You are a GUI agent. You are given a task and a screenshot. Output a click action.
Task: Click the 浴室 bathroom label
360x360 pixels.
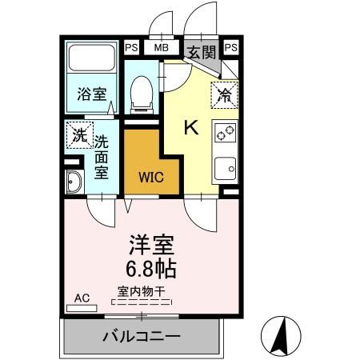pyautogui.click(x=92, y=94)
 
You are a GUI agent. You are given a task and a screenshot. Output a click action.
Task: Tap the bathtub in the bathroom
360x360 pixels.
pyautogui.click(x=92, y=58)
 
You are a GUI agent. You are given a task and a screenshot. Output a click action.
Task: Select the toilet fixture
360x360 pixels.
pyautogui.click(x=142, y=95)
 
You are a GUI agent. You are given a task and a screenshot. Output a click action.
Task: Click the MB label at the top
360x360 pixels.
pyautogui.click(x=162, y=48)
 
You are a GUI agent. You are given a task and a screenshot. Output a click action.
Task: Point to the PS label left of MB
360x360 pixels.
pyautogui.click(x=131, y=47)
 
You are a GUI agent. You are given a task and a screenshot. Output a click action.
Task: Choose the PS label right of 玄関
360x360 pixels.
pyautogui.click(x=231, y=47)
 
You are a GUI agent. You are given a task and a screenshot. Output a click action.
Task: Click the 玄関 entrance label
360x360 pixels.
pyautogui.click(x=202, y=53)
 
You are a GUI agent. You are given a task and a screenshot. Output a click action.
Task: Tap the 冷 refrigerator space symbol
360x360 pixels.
pyautogui.click(x=225, y=95)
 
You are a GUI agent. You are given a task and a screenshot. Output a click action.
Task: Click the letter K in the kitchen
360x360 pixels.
pyautogui.click(x=191, y=127)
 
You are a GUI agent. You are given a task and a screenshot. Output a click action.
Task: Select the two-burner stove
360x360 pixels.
pyautogui.click(x=226, y=133)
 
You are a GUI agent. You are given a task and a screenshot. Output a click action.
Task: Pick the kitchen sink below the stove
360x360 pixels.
pyautogui.click(x=226, y=169)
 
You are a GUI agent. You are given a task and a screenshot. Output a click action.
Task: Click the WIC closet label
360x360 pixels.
pyautogui.click(x=151, y=178)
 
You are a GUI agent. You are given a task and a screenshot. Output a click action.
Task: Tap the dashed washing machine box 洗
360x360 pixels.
pyautogui.click(x=80, y=135)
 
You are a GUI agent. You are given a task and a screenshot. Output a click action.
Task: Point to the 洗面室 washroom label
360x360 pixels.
pyautogui.click(x=102, y=157)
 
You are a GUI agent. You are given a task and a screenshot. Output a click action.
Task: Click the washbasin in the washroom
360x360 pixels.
pyautogui.click(x=74, y=182)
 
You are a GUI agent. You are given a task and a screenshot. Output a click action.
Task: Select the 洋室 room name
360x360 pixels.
pyautogui.click(x=151, y=245)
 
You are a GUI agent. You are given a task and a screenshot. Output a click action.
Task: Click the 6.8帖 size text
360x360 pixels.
pyautogui.click(x=151, y=269)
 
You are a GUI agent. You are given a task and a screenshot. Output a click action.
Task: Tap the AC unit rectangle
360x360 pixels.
pyautogui.click(x=82, y=309)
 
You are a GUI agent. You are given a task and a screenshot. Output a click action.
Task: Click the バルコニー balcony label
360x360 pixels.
pyautogui.click(x=142, y=337)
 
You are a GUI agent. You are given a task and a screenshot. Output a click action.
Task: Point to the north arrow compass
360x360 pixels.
pyautogui.click(x=281, y=335)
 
